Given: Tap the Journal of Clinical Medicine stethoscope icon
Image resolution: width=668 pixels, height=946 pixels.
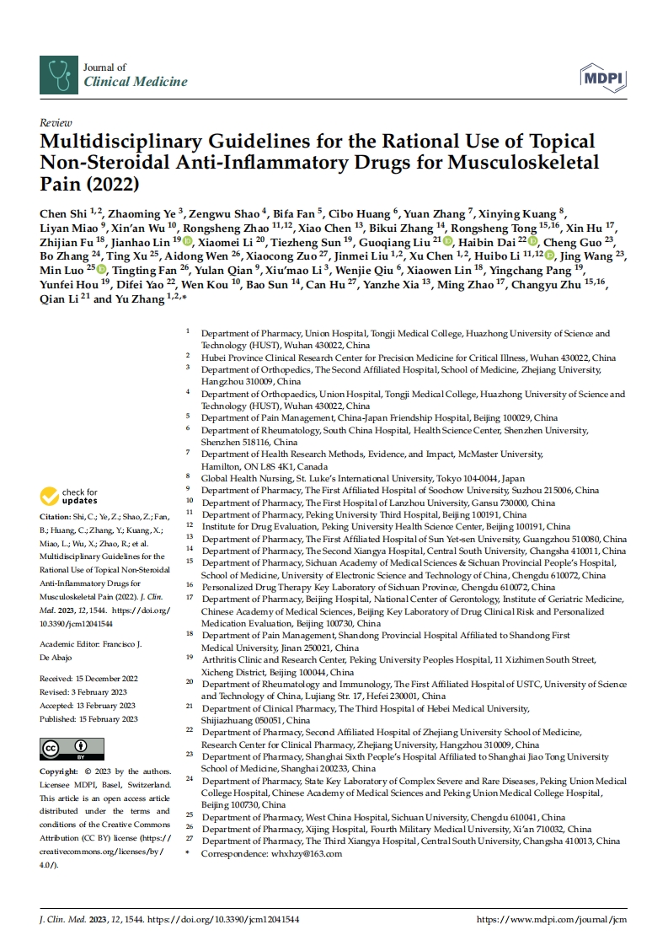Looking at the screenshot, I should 58,75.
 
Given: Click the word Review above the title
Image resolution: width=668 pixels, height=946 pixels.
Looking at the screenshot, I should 56,122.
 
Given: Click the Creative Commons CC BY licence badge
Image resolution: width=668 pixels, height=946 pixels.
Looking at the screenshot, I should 72,748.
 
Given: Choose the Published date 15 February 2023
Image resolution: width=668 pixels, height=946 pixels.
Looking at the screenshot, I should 107,719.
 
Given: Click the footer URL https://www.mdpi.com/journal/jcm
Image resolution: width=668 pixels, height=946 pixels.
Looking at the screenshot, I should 552,919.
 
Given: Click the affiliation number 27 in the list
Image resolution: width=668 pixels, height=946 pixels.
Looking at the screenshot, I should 190,841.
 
